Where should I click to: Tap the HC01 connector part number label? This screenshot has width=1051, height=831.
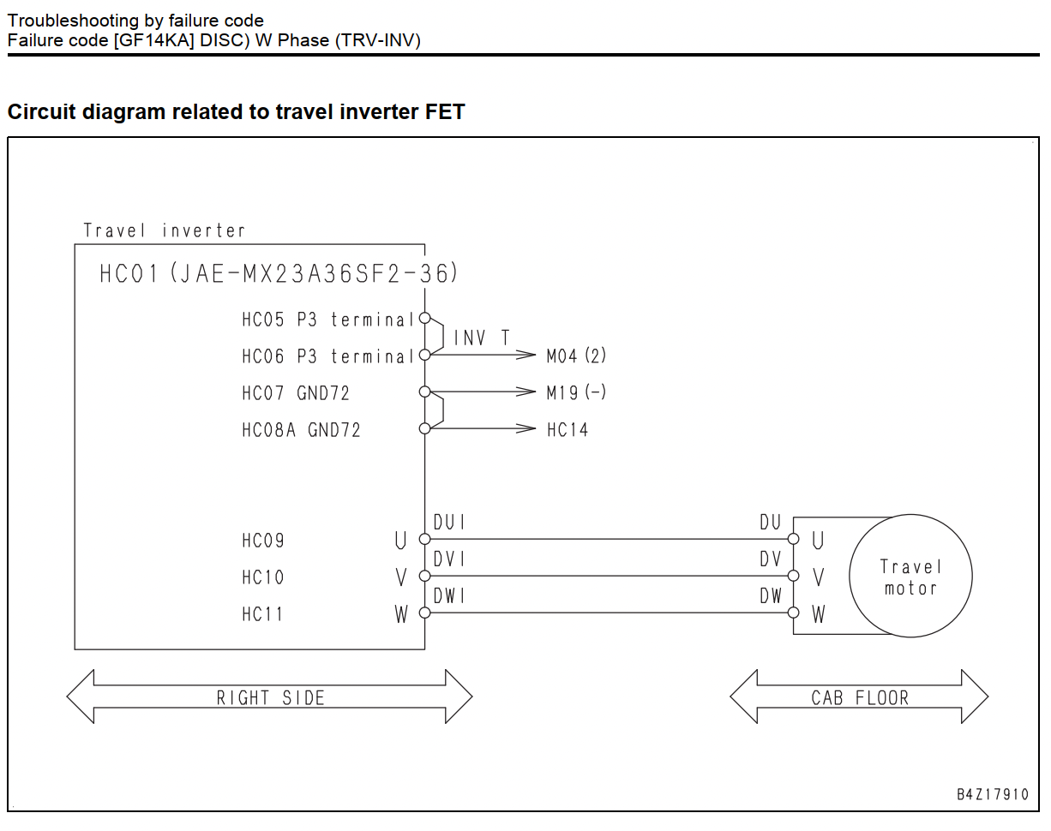coord(279,273)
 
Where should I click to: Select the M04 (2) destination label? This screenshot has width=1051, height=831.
coord(576,356)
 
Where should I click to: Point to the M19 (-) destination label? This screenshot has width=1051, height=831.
coord(576,392)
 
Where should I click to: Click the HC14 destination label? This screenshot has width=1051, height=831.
coord(568,430)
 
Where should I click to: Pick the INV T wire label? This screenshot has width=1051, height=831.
coord(482,338)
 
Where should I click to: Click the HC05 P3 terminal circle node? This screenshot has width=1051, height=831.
coord(425,319)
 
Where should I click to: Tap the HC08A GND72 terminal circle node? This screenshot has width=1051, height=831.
coord(425,428)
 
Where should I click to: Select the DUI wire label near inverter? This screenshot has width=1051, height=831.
coord(449,522)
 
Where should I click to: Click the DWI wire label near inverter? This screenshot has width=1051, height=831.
coord(449,595)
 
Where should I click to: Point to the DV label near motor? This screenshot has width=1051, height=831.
coord(771,559)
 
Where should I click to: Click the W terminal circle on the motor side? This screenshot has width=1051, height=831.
coord(794,613)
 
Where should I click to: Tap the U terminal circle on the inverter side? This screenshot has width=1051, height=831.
coord(425,539)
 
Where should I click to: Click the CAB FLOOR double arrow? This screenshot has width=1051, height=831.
coord(859,685)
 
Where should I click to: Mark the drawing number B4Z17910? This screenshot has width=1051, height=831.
coord(993,794)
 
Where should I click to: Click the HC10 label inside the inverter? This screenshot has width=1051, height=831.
coord(262,577)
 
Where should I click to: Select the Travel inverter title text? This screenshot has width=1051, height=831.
coord(164,230)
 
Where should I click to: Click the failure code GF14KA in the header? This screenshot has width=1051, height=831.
coord(153,40)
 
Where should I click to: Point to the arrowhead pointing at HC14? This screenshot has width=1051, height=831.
coord(526,428)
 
